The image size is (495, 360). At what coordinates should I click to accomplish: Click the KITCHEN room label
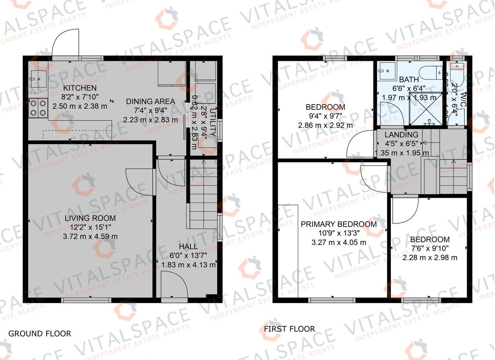pos(80,88)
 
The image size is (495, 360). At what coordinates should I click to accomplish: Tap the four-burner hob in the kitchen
pos(38,108)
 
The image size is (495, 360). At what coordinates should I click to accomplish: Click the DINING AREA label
pos(150,102)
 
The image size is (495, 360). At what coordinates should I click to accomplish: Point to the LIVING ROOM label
pos(90,218)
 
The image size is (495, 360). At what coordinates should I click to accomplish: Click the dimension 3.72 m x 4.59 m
pos(90,237)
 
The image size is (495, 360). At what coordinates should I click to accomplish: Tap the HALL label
pos(188,247)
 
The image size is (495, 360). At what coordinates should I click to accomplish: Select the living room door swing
pos(139,182)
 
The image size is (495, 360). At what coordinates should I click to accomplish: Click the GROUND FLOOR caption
pos(40,334)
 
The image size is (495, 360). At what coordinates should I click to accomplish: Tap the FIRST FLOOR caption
pos(289,329)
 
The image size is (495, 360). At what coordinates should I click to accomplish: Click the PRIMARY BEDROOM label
pos(338,224)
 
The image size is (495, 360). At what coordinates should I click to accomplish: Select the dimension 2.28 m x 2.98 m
pos(430,258)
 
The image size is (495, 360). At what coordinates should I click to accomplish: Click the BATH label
pos(408,80)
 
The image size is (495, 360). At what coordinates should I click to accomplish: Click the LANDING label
pos(401,135)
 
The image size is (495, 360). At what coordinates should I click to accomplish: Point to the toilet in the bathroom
pos(433,72)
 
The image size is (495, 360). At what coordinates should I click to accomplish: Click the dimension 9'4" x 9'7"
pos(325,116)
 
